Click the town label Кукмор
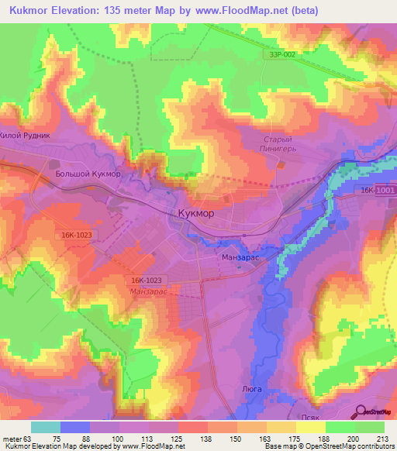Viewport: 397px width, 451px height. (192, 213)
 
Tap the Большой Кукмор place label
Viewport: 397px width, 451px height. (88, 174)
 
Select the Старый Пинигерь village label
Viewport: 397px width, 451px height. (276, 144)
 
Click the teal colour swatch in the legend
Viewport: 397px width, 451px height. (46, 426)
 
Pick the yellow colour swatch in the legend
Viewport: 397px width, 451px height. (311, 426)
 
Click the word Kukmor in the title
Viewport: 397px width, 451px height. (30, 9)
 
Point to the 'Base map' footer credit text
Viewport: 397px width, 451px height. (282, 446)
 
